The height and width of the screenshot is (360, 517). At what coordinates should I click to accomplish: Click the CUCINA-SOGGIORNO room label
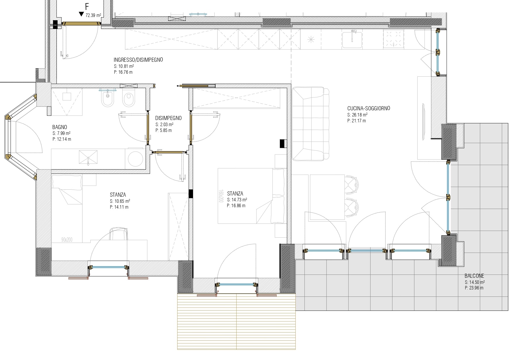pyautogui.click(x=368, y=108)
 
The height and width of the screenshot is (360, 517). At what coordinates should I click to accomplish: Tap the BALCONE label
pyautogui.click(x=474, y=276)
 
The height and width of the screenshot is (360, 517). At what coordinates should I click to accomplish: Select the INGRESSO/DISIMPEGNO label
pyautogui.click(x=138, y=60)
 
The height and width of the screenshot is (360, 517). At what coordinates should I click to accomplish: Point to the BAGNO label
pyautogui.click(x=60, y=127)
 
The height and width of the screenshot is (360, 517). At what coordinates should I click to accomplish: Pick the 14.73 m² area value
pyautogui.click(x=239, y=200)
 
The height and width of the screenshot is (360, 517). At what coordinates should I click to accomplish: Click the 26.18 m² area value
pyautogui.click(x=359, y=115)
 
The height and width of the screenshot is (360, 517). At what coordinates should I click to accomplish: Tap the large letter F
pyautogui.click(x=87, y=7)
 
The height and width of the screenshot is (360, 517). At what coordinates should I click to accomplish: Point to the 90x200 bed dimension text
pyautogui.click(x=67, y=240)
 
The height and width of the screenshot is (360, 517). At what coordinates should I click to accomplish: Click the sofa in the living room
pyautogui.click(x=310, y=124)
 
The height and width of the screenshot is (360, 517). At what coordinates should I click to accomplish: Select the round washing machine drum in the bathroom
pyautogui.click(x=135, y=159)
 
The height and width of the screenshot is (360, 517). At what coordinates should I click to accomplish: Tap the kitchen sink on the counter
pyautogui.click(x=353, y=39)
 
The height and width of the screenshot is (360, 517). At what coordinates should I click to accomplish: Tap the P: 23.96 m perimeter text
pyautogui.click(x=474, y=288)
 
